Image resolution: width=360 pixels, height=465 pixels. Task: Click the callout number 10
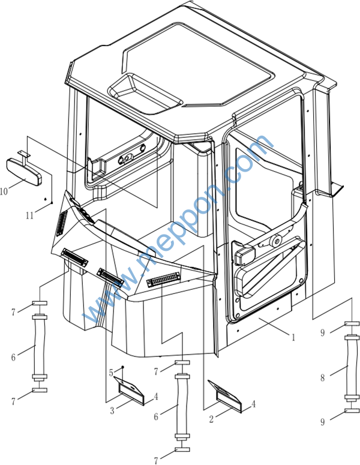coord(4,191)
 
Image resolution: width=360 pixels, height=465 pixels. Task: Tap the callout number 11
coord(29,215)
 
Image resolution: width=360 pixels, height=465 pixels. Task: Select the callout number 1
coord(293,337)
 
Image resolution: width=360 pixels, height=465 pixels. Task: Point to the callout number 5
coord(111,373)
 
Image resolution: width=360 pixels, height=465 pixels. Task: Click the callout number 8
coord(322,378)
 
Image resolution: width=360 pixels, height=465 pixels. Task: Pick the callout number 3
coord(112,411)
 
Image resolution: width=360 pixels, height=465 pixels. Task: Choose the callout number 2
coord(211,419)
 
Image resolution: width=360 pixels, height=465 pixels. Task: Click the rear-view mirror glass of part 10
coord(25,172)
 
